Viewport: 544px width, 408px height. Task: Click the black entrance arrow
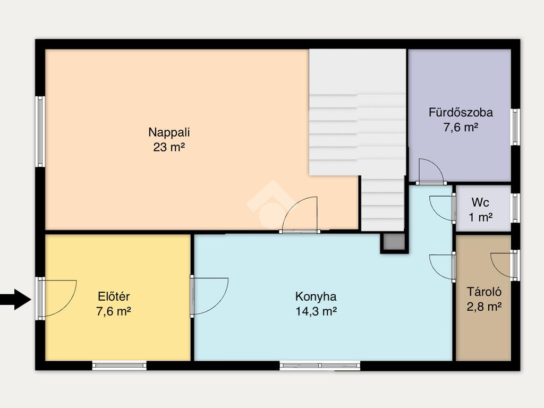(15, 299)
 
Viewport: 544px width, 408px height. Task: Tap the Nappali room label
(169, 132)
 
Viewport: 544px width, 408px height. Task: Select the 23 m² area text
(169, 147)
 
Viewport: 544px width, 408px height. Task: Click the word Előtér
(114, 296)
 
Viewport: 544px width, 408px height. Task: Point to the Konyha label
(316, 296)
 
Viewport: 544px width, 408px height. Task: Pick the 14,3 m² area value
(316, 311)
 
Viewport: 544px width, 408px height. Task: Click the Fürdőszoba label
(461, 113)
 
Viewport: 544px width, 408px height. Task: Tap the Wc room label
(480, 202)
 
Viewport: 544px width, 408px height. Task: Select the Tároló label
(484, 292)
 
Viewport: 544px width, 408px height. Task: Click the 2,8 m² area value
(484, 307)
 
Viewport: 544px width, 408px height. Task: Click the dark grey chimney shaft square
(394, 242)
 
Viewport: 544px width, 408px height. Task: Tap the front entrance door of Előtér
(57, 299)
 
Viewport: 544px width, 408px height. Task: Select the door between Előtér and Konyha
(209, 296)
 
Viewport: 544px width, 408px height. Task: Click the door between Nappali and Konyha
(300, 215)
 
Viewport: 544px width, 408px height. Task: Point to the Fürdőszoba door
(431, 172)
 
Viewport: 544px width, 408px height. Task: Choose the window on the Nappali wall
(40, 132)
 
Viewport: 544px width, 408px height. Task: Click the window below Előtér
(120, 365)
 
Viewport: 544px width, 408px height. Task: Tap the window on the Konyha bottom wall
(320, 365)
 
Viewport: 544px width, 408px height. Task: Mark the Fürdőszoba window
(515, 127)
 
